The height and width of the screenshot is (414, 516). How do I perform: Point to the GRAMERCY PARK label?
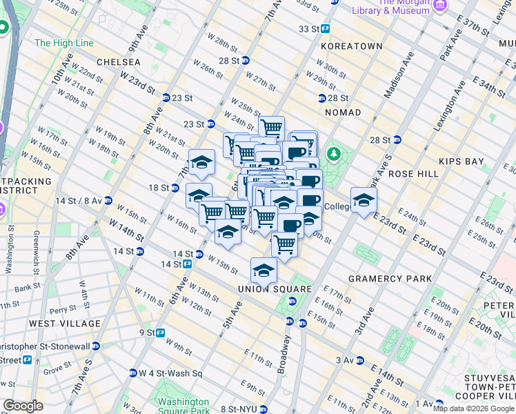coord(390,279)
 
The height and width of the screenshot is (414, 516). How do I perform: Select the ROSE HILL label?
coord(414,174)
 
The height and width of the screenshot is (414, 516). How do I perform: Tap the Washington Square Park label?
coord(183,406)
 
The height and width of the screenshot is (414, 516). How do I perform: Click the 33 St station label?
coord(309,29)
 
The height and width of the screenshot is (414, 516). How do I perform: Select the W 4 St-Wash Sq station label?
coord(169,373)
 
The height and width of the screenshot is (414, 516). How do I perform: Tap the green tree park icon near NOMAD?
coord(335,152)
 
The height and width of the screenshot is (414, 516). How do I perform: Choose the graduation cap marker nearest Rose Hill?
coord(364,200)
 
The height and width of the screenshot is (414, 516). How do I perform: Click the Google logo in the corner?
coord(23,406)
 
